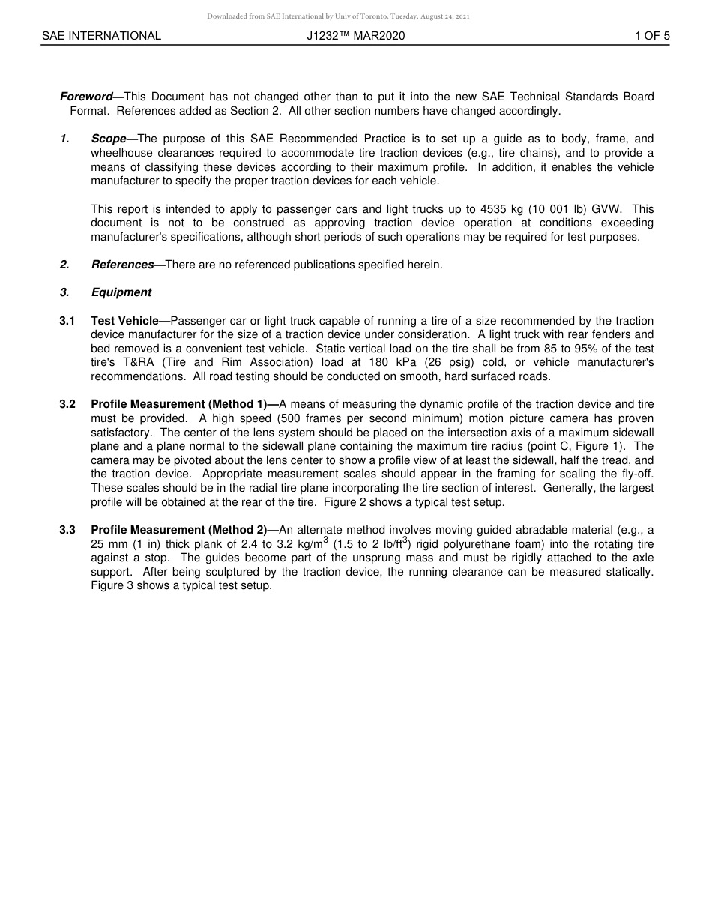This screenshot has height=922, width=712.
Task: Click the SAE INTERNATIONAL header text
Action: pos(101,36)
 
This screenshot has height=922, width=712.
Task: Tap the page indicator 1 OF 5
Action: pos(651,36)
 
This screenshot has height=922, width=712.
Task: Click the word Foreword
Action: pos(86,97)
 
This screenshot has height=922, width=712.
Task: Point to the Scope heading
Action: pos(109,139)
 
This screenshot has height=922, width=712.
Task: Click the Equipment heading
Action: pos(121,292)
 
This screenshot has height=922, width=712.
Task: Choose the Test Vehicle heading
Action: pos(125,321)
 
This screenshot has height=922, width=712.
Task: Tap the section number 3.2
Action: pos(67,404)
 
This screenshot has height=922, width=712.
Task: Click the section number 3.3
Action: pos(67,530)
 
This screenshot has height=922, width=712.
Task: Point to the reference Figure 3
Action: pos(112,586)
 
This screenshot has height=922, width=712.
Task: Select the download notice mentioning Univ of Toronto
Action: pos(339,16)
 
